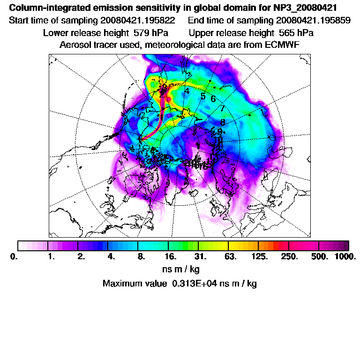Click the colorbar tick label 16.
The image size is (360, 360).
click(171, 257)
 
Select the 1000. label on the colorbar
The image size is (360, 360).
click(345, 257)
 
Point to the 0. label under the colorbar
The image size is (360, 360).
click(14, 257)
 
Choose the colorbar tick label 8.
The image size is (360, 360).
click(141, 257)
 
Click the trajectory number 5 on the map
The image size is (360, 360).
click(203, 97)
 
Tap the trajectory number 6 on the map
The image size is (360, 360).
click(213, 99)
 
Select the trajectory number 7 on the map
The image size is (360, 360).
click(223, 109)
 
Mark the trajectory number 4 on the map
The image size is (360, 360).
click(187, 91)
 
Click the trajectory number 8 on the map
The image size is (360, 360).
click(223, 122)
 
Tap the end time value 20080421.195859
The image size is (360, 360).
click(313, 21)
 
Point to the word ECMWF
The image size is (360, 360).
click(283, 45)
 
